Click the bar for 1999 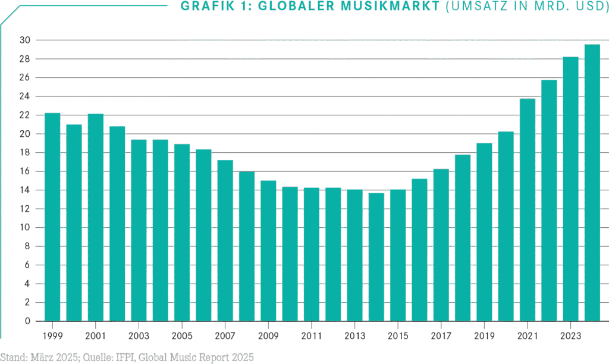[52, 217]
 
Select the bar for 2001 [95, 217]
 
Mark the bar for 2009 [268, 250]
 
